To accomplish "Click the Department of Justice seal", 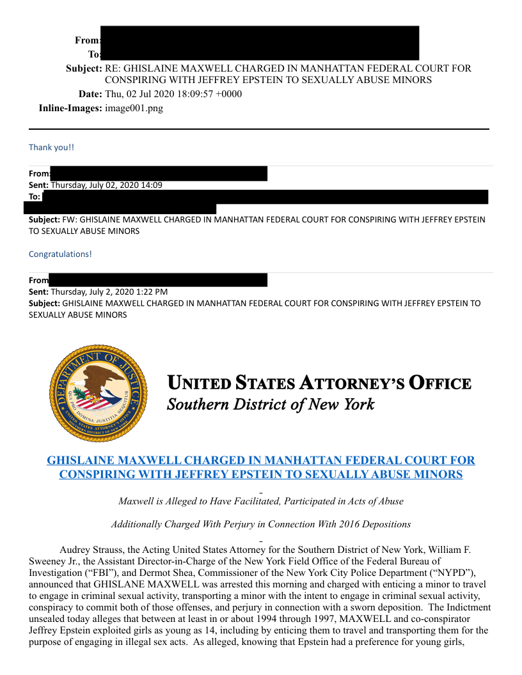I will point(99,392).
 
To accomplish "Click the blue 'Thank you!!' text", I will point(51,147).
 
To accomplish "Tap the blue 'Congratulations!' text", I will point(60,254).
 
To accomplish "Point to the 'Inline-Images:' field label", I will point(70,108).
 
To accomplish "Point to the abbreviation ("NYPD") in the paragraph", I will point(447,573).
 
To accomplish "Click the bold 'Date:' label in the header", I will point(90,94).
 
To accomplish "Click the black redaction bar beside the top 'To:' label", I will point(259,54).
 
